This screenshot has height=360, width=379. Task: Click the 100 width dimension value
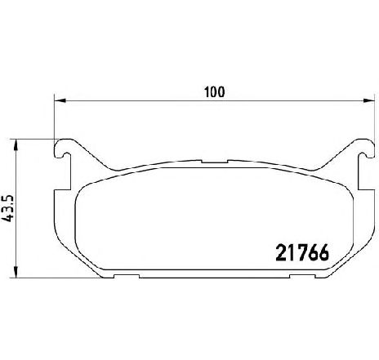[215, 92]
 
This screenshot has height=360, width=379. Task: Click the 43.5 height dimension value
[7, 209]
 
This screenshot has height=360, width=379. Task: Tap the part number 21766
[302, 252]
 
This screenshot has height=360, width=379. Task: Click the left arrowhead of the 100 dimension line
[60, 100]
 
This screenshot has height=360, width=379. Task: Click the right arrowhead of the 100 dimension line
[369, 100]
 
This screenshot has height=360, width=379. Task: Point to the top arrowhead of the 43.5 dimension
[16, 145]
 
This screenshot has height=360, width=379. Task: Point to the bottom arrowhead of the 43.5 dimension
[16, 272]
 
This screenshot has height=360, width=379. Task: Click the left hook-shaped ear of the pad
[63, 149]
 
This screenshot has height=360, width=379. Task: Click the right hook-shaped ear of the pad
[366, 149]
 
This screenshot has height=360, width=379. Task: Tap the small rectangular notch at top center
[215, 162]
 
